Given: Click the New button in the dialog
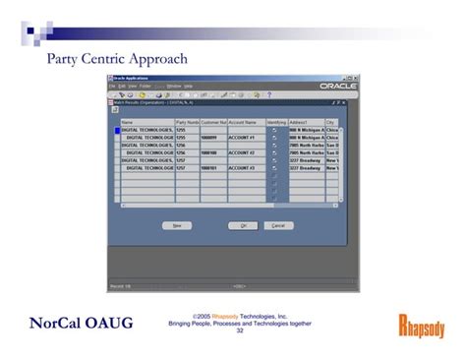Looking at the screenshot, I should click(177, 225).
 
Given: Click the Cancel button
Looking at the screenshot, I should click(278, 225).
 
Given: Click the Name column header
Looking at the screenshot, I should click(146, 122).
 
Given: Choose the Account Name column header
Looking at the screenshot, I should click(246, 122).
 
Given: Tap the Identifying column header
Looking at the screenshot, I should click(275, 122).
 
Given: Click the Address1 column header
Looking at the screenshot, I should click(306, 122).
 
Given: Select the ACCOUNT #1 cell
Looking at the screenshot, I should click(246, 138).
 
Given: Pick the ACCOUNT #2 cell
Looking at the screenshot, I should click(246, 153).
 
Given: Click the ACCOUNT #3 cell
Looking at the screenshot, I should click(246, 168).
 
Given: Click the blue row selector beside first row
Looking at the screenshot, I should click(117, 130).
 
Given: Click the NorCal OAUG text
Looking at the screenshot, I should click(81, 324).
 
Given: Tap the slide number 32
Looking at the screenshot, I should click(240, 330).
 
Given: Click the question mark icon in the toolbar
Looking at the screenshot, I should click(269, 94).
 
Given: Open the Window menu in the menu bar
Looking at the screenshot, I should click(173, 86).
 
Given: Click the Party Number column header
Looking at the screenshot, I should click(187, 122).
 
